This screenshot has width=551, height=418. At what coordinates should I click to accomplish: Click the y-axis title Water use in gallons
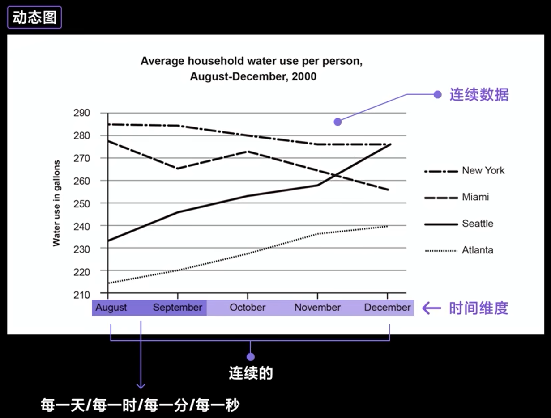(x=56, y=203)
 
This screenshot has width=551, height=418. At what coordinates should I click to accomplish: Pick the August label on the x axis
(x=111, y=308)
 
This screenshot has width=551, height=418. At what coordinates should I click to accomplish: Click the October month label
(x=248, y=308)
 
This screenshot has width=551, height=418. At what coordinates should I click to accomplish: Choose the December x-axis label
(x=387, y=308)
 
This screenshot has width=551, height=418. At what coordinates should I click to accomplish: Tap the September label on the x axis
(x=177, y=308)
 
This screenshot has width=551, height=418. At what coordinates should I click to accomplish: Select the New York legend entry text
(x=483, y=170)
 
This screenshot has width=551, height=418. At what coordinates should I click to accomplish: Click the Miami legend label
(x=475, y=197)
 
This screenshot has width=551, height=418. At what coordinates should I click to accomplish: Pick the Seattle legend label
(x=477, y=224)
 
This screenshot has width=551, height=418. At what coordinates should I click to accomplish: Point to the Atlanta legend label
(x=477, y=250)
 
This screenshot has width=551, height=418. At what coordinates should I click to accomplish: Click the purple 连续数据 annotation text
(x=479, y=95)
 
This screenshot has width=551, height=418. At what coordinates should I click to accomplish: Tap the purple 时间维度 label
(x=478, y=308)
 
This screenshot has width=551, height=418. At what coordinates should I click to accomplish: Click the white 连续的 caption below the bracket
(x=251, y=373)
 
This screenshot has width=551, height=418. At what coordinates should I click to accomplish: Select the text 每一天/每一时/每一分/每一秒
(x=140, y=405)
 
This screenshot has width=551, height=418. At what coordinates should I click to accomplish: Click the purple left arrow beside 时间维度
(x=432, y=308)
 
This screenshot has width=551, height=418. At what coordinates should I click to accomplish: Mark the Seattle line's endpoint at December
(x=390, y=144)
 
